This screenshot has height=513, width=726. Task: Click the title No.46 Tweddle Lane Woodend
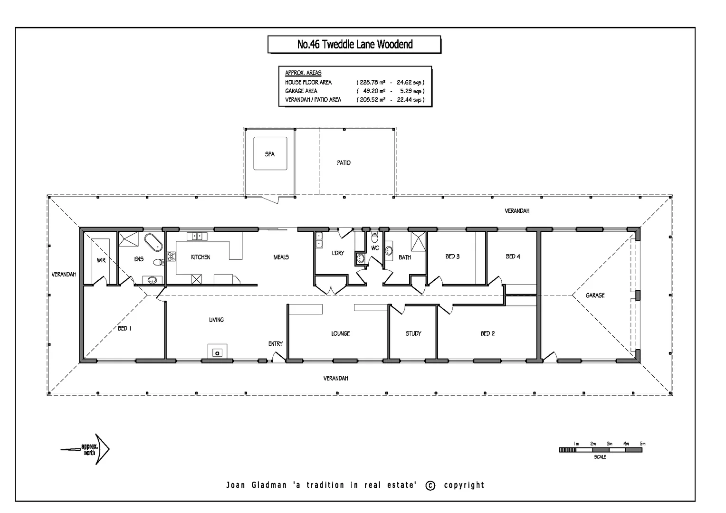(x=354, y=45)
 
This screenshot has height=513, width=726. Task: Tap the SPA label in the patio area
(x=269, y=154)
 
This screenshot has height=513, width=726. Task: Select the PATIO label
(x=344, y=163)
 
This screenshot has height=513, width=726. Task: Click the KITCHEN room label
(x=201, y=257)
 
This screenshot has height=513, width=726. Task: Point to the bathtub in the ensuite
(x=153, y=242)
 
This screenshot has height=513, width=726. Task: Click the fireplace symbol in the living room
(x=217, y=352)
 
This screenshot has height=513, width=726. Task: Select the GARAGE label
(x=595, y=295)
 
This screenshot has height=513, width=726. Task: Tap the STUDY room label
(x=413, y=333)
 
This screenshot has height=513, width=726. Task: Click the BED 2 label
(x=487, y=333)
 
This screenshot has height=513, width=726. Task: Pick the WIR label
(x=101, y=260)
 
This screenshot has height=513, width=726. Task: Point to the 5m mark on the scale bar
(x=642, y=444)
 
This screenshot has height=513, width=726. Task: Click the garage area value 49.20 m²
(x=373, y=91)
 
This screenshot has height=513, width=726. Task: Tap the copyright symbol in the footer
(x=430, y=485)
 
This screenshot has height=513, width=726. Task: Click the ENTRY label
(x=275, y=343)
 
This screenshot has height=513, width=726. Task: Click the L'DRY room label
(x=338, y=253)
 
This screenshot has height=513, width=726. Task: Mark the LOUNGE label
(x=340, y=333)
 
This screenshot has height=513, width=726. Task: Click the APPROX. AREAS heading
(x=303, y=73)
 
